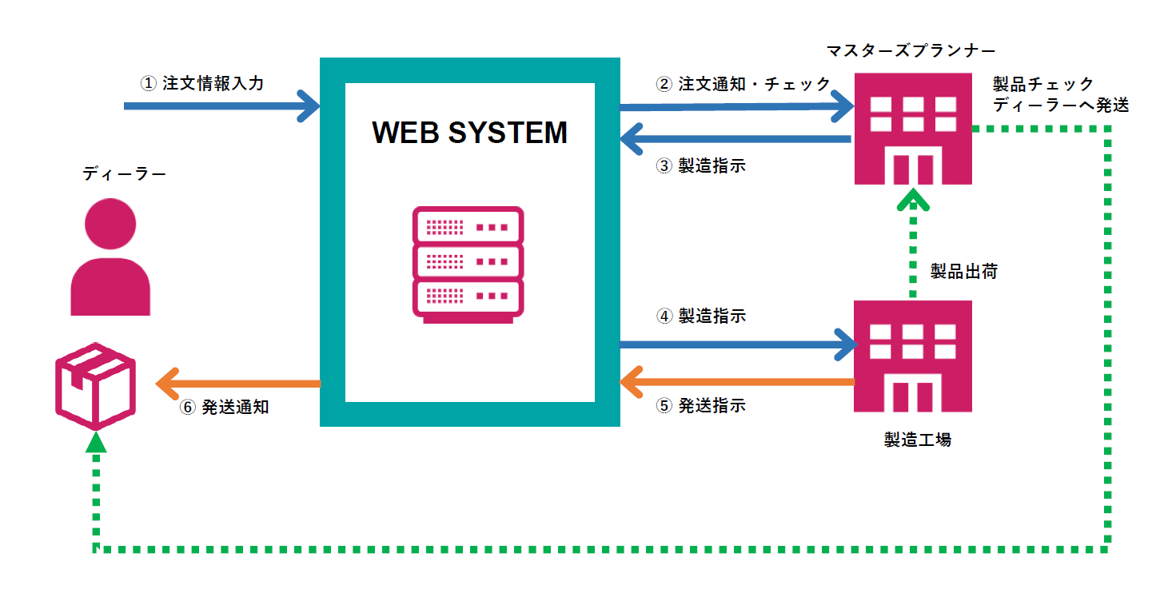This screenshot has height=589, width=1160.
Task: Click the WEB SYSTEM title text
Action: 469,133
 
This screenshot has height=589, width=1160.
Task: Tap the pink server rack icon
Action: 468,265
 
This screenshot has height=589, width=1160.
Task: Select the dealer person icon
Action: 110,255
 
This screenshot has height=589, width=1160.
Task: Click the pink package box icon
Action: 95,386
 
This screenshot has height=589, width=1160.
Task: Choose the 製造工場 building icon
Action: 913,356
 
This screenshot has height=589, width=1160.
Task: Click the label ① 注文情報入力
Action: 201,83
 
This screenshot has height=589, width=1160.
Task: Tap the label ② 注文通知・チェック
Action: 743,84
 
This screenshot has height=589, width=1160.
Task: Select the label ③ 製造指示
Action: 700,166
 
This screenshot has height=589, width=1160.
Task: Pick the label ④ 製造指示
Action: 700,316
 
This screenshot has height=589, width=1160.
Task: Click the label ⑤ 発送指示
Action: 700,406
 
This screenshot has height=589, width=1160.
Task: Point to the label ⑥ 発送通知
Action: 225,407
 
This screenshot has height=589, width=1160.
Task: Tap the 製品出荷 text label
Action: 963,272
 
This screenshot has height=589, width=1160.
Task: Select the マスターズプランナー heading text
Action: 911,51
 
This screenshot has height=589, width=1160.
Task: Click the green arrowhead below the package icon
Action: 96,442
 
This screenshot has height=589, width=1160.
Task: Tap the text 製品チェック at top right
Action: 1042,85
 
